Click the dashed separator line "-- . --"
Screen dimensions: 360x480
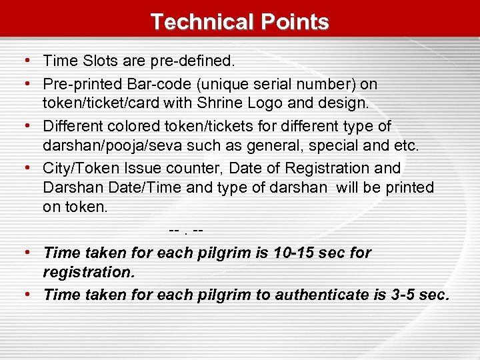coord(186,231)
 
